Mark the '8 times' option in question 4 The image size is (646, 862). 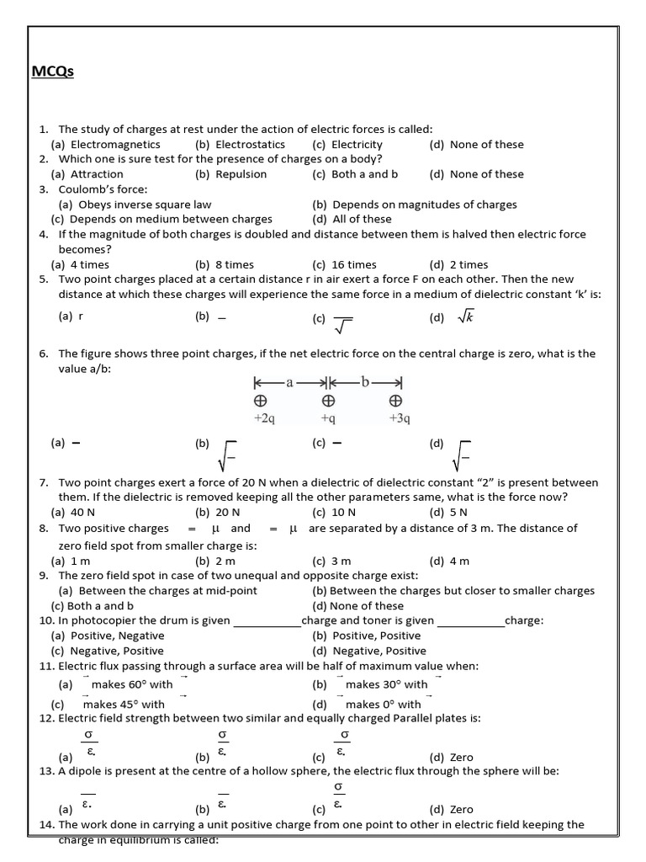pos(223,264)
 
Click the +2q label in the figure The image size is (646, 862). pos(264,418)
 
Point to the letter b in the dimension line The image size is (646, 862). pos(364,381)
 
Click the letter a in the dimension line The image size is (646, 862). pos(290,381)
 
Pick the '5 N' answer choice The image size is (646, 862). pos(459,512)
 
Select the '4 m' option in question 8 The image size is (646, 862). pos(459,561)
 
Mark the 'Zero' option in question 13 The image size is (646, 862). pos(462,809)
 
